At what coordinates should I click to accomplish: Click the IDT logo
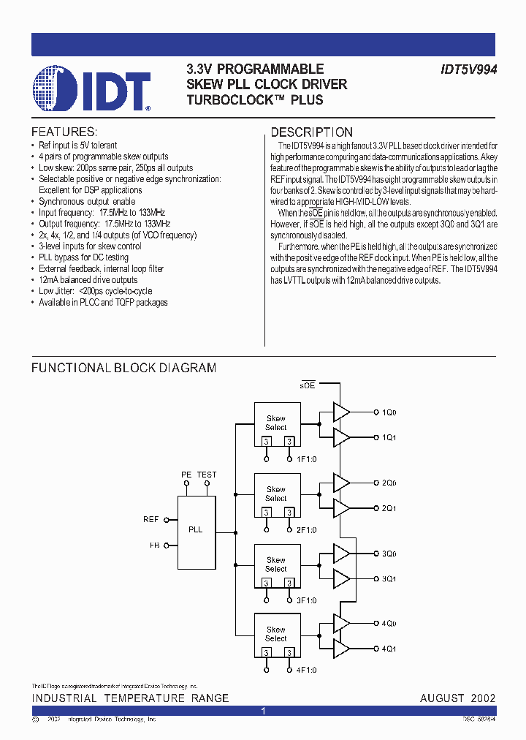[92, 89]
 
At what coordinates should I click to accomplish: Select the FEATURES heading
[64, 132]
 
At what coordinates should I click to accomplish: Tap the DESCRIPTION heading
[312, 132]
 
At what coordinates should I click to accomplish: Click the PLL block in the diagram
[196, 529]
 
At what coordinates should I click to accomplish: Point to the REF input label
[151, 520]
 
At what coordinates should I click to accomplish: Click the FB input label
[154, 545]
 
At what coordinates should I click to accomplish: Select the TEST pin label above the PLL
[207, 475]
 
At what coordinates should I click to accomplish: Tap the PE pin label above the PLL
[186, 475]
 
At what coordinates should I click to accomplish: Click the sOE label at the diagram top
[308, 385]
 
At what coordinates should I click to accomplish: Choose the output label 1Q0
[389, 412]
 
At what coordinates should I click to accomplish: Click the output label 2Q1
[389, 508]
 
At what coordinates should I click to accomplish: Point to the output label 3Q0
[389, 554]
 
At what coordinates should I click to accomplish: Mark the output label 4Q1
[389, 649]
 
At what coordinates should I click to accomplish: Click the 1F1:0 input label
[306, 459]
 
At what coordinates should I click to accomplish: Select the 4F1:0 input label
[306, 670]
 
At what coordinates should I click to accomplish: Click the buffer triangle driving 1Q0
[341, 412]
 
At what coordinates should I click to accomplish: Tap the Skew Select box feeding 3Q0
[276, 565]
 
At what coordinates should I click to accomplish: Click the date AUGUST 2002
[457, 698]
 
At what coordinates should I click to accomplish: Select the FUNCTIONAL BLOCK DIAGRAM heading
[123, 368]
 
